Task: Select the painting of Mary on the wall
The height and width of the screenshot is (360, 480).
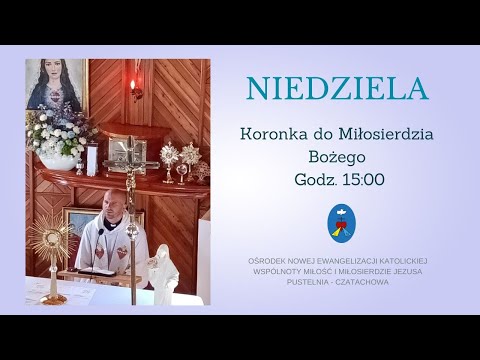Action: point(56,85)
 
